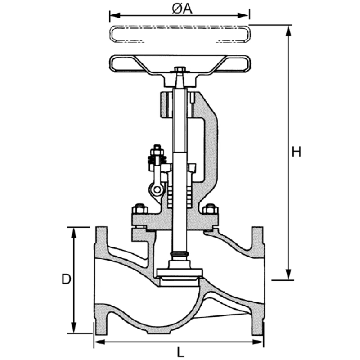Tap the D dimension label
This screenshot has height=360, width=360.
(x=66, y=279)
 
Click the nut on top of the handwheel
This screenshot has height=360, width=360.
(x=180, y=70)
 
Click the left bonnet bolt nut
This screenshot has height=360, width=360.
(x=139, y=209)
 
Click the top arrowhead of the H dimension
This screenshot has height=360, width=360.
(x=288, y=28)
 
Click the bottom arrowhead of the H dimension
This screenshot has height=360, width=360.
(x=288, y=276)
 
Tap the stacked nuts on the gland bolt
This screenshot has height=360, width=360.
(x=157, y=155)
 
